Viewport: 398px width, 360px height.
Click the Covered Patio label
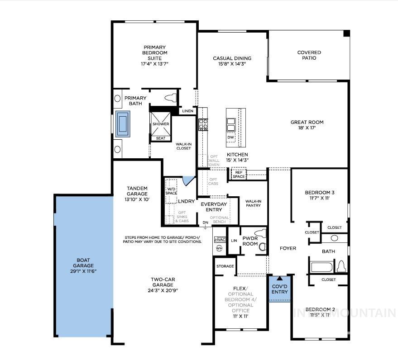point(309,55)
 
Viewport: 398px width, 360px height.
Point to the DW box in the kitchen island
point(231,137)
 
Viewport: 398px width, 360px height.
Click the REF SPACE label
point(239,174)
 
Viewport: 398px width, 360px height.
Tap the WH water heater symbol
point(219,248)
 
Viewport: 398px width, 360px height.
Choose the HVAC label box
point(220,240)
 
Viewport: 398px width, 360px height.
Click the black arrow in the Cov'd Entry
point(279,279)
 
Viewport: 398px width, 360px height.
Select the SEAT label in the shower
point(160,138)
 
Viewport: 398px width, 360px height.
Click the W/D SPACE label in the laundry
point(171,190)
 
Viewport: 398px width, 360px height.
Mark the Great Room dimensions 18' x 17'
point(307,128)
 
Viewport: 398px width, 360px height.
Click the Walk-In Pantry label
point(253,203)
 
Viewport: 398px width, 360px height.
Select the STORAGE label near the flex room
point(225,266)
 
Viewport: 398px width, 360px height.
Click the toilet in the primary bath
point(172,97)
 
